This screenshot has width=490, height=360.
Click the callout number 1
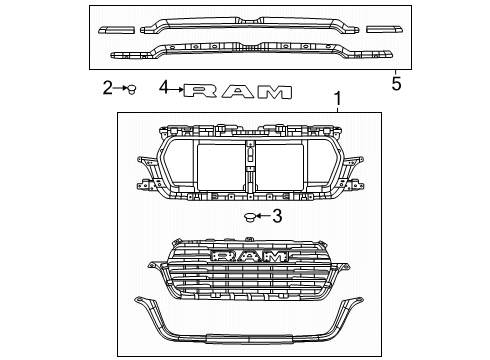tap(336, 100)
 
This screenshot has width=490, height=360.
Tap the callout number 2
tap(107, 89)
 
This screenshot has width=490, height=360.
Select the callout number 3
tap(278, 216)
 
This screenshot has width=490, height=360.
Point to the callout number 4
tap(163, 89)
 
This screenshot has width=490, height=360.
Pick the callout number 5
tap(396, 84)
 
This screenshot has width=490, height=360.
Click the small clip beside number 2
tap(130, 89)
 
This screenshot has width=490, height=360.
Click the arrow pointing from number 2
tap(119, 89)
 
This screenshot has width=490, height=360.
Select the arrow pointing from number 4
tap(176, 89)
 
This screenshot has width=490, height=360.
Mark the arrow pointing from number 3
tap(265, 216)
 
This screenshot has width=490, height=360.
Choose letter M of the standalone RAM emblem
tap(273, 91)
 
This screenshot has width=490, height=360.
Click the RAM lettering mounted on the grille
tap(249, 258)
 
